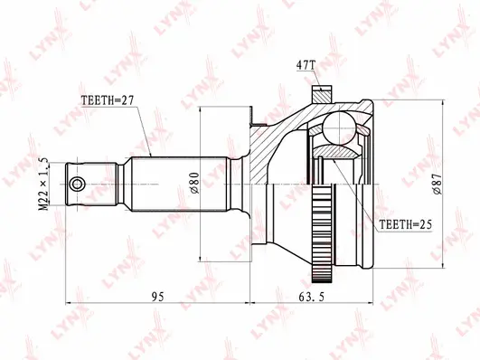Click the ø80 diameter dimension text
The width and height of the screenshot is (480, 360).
click(x=194, y=184)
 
